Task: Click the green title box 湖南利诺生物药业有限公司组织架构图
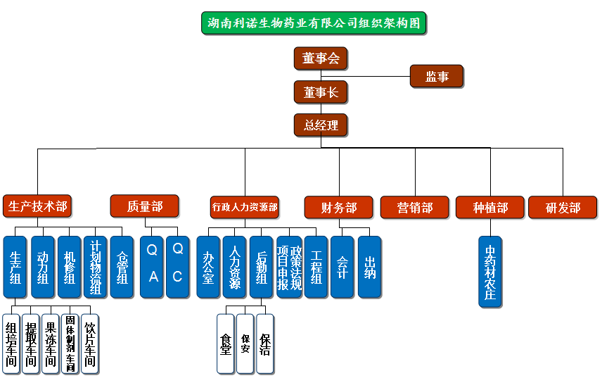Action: [313, 23]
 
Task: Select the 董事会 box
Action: [321, 58]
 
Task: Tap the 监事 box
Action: [437, 76]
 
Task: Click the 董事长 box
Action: [321, 92]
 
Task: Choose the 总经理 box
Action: [321, 125]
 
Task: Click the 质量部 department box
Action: [144, 206]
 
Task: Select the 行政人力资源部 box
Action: [245, 207]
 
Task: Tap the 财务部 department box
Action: [338, 208]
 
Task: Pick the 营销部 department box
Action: [415, 208]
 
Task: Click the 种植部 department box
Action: [490, 208]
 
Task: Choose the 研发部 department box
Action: [563, 208]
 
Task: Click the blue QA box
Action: [152, 267]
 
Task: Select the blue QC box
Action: [177, 267]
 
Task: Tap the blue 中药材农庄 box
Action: [490, 272]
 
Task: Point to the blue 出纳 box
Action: [369, 267]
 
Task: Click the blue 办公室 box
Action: [208, 267]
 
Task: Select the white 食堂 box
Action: [226, 343]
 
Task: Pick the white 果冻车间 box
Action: [50, 343]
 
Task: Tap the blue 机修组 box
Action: [69, 267]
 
